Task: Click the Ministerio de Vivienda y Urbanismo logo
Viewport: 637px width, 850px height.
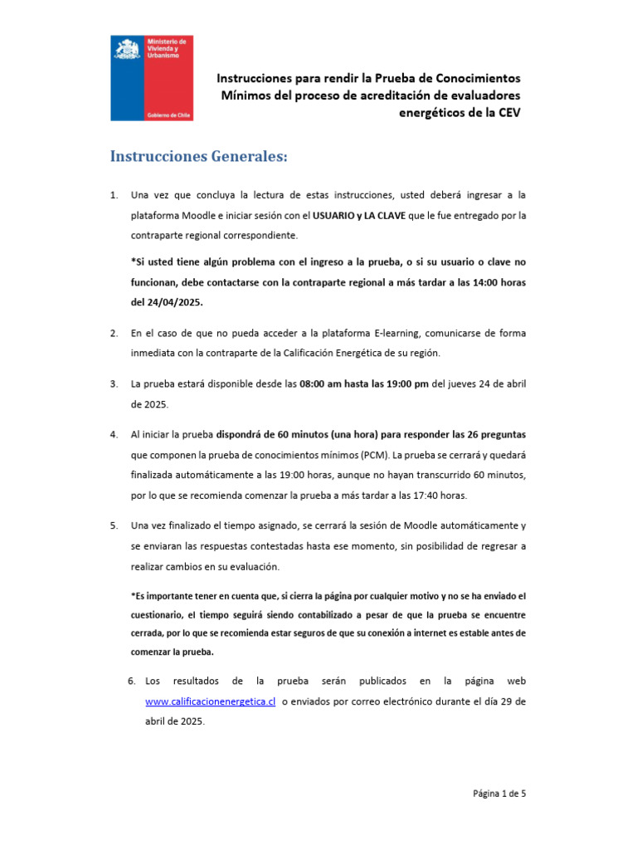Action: point(152,78)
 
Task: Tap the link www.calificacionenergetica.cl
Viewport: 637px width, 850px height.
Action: point(210,701)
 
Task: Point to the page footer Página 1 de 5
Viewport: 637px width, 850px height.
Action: point(499,793)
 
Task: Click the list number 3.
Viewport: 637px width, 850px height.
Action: point(114,384)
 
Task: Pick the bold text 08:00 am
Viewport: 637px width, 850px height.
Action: point(320,384)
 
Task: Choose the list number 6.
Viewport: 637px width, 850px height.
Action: point(132,681)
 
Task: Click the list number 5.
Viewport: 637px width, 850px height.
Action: point(114,526)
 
